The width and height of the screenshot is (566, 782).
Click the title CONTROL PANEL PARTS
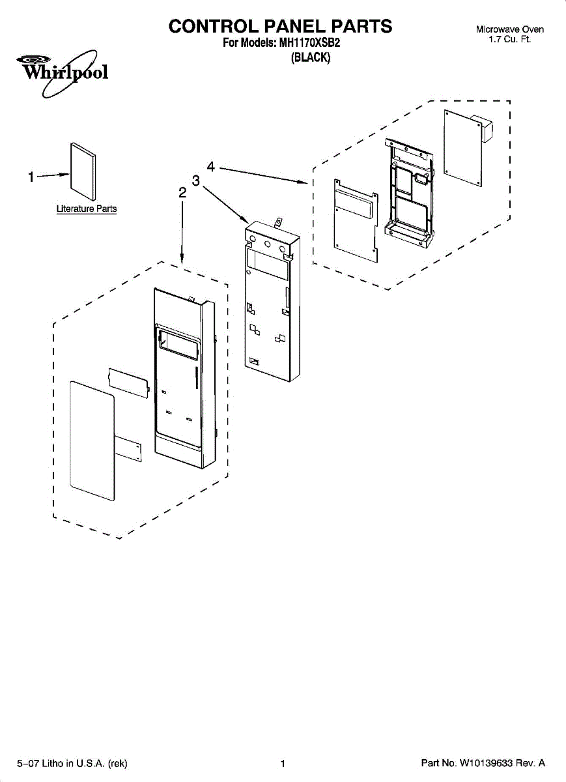[x=280, y=26]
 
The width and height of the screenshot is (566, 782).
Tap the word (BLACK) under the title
[x=311, y=58]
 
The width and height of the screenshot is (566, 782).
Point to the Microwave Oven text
[x=510, y=29]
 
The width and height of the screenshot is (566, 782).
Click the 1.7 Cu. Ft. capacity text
[x=510, y=40]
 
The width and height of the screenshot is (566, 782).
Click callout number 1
[x=31, y=177]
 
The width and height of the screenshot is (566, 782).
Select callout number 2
[x=182, y=192]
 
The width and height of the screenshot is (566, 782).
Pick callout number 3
[x=195, y=180]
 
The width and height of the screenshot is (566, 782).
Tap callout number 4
[x=211, y=167]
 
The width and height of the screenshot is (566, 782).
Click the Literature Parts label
[x=87, y=209]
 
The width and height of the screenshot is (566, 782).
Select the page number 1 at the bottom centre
[x=283, y=763]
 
